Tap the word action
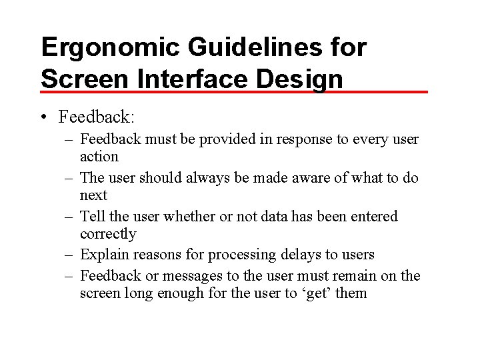coord(99,157)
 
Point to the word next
coord(93,195)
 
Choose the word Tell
coord(91,217)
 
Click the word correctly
coord(108,234)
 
